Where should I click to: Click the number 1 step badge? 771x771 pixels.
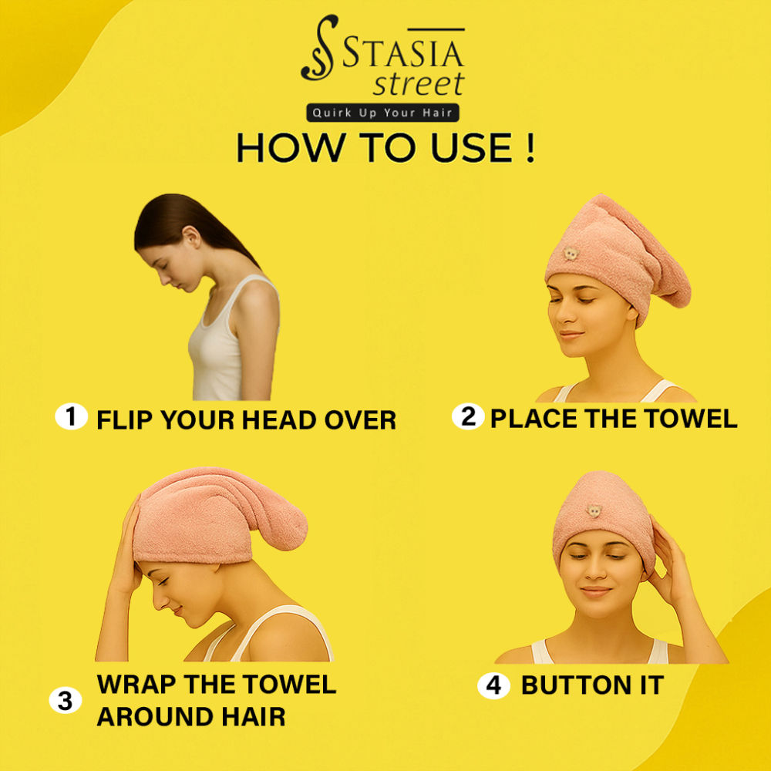pyautogui.click(x=71, y=416)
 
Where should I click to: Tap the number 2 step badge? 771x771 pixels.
pyautogui.click(x=468, y=416)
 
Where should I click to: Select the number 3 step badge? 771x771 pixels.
pyautogui.click(x=66, y=700)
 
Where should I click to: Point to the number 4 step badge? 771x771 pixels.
pyautogui.click(x=493, y=685)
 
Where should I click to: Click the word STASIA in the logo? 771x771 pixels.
pyautogui.click(x=403, y=53)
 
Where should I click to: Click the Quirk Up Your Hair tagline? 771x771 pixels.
pyautogui.click(x=382, y=113)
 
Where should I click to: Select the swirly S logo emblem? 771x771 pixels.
pyautogui.click(x=320, y=47)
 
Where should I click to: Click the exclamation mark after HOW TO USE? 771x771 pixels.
pyautogui.click(x=530, y=147)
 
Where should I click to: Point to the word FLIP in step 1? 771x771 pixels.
pyautogui.click(x=125, y=420)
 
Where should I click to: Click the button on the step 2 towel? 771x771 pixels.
pyautogui.click(x=571, y=254)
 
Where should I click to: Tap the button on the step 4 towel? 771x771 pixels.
pyautogui.click(x=594, y=511)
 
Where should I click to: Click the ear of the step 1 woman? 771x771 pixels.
pyautogui.click(x=192, y=237)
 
